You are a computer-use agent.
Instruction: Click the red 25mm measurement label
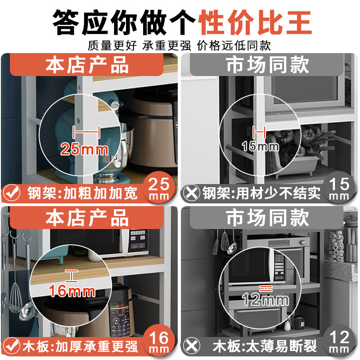coord(85,149)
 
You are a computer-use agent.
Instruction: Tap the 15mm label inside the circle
coord(261,146)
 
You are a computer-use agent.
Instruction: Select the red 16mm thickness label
coord(72,291)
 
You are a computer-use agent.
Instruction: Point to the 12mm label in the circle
coord(265,300)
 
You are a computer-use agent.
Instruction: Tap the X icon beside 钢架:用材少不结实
coord(192,193)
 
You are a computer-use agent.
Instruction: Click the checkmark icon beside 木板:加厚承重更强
coord(11,346)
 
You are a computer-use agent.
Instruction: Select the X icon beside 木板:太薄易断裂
coord(192,346)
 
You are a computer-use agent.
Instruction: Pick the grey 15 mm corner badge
coord(339,187)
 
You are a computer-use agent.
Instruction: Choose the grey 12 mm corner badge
coord(339,341)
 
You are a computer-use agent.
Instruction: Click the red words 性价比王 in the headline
coord(255,22)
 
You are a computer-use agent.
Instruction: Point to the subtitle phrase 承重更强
coord(166,45)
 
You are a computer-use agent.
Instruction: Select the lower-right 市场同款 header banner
coord(267,218)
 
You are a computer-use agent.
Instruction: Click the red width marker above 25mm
coord(86,132)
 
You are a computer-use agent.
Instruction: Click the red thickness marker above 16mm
coord(72,276)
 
